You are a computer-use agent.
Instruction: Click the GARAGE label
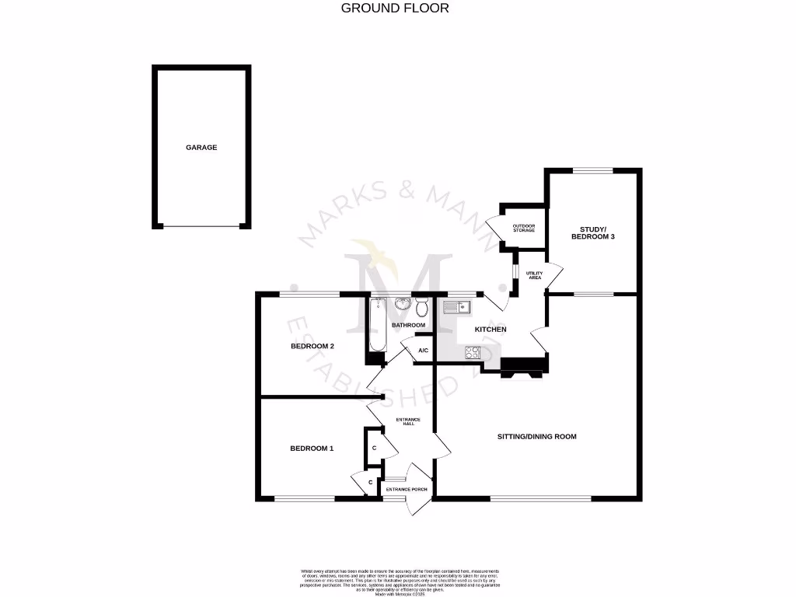pos(201,147)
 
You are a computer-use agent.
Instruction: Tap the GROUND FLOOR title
pos(395,9)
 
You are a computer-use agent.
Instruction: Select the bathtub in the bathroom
pos(378,326)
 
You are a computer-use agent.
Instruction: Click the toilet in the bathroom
pos(421,308)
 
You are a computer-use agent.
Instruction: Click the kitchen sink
pos(456,308)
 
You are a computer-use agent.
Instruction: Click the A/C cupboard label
pos(423,351)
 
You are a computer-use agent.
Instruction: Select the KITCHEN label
pos(491,330)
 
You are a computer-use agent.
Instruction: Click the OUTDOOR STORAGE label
pos(523,228)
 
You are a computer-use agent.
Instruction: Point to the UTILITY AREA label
pos(533,275)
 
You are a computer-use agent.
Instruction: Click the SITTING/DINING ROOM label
pos(537,437)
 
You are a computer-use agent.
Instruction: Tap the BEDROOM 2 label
pos(312,347)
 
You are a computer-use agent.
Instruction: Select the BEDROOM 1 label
pos(312,448)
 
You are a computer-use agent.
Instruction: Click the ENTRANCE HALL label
pos(407,423)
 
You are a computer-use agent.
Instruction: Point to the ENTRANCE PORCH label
pos(407,489)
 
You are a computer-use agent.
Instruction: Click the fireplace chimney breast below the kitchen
pos(524,366)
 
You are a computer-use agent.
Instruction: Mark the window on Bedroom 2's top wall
pos(310,293)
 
